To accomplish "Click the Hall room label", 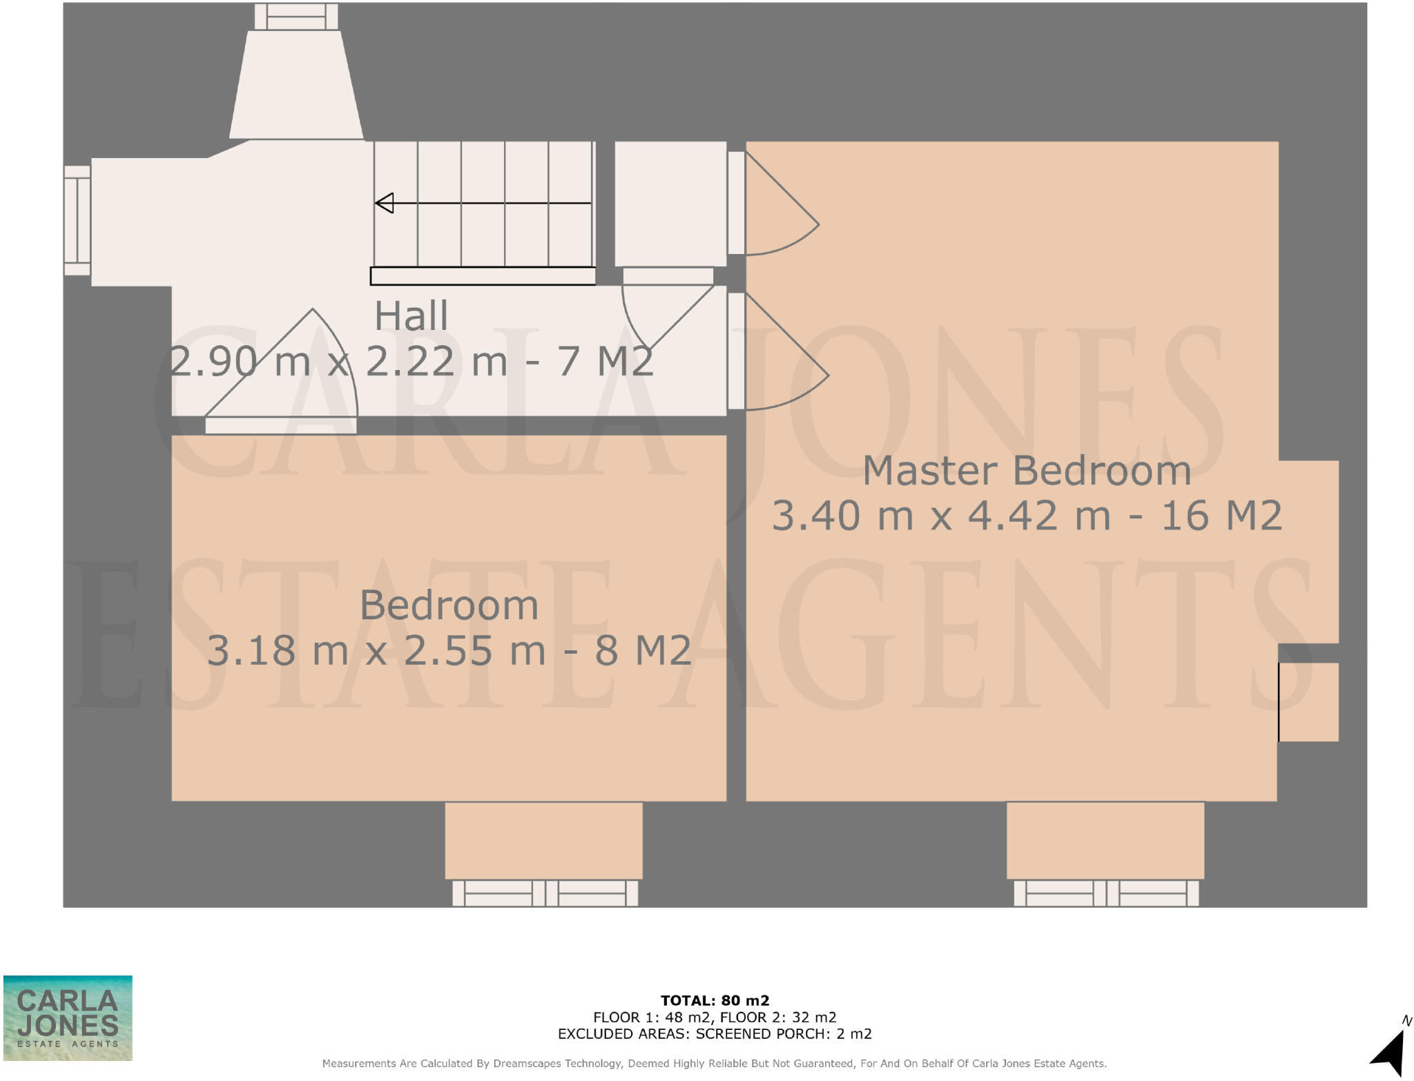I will pos(411,316).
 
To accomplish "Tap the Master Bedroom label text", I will pos(1027,471).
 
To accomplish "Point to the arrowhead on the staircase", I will pos(385,203).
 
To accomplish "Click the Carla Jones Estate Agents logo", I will pos(68,1017).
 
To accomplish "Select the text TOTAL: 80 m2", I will pos(715,1000).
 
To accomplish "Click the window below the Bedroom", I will pos(545,893).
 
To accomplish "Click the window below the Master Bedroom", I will pos(1106,893).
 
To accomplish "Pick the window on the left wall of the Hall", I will pos(77,220).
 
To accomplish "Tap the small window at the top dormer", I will pos(296,17).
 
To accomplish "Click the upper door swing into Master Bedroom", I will pos(777,207).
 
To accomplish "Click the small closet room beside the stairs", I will pos(670,203).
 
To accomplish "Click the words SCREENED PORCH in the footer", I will pos(761,1033).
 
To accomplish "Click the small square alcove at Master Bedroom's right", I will pos(1308,701).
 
